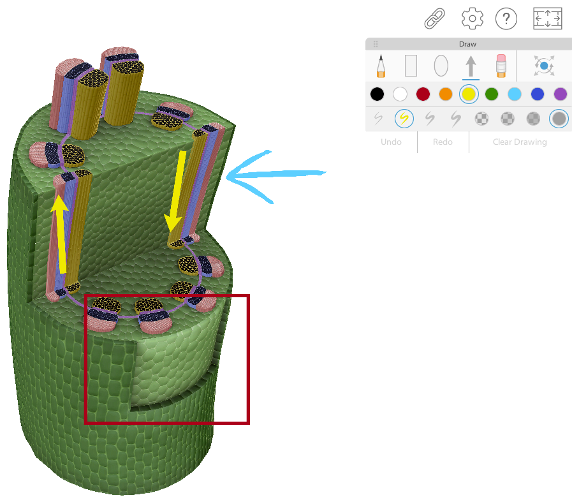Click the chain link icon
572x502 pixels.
pyautogui.click(x=434, y=18)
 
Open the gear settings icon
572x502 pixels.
pyautogui.click(x=473, y=18)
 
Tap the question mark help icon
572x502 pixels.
pyautogui.click(x=506, y=18)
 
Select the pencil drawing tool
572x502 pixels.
pyautogui.click(x=381, y=66)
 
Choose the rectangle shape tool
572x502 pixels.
pyautogui.click(x=411, y=66)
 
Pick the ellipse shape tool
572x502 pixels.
pyautogui.click(x=441, y=66)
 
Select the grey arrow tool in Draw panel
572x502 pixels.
pyautogui.click(x=471, y=66)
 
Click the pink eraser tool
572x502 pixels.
pyautogui.click(x=501, y=66)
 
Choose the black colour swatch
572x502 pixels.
pyautogui.click(x=378, y=94)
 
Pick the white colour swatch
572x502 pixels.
pyautogui.click(x=400, y=94)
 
